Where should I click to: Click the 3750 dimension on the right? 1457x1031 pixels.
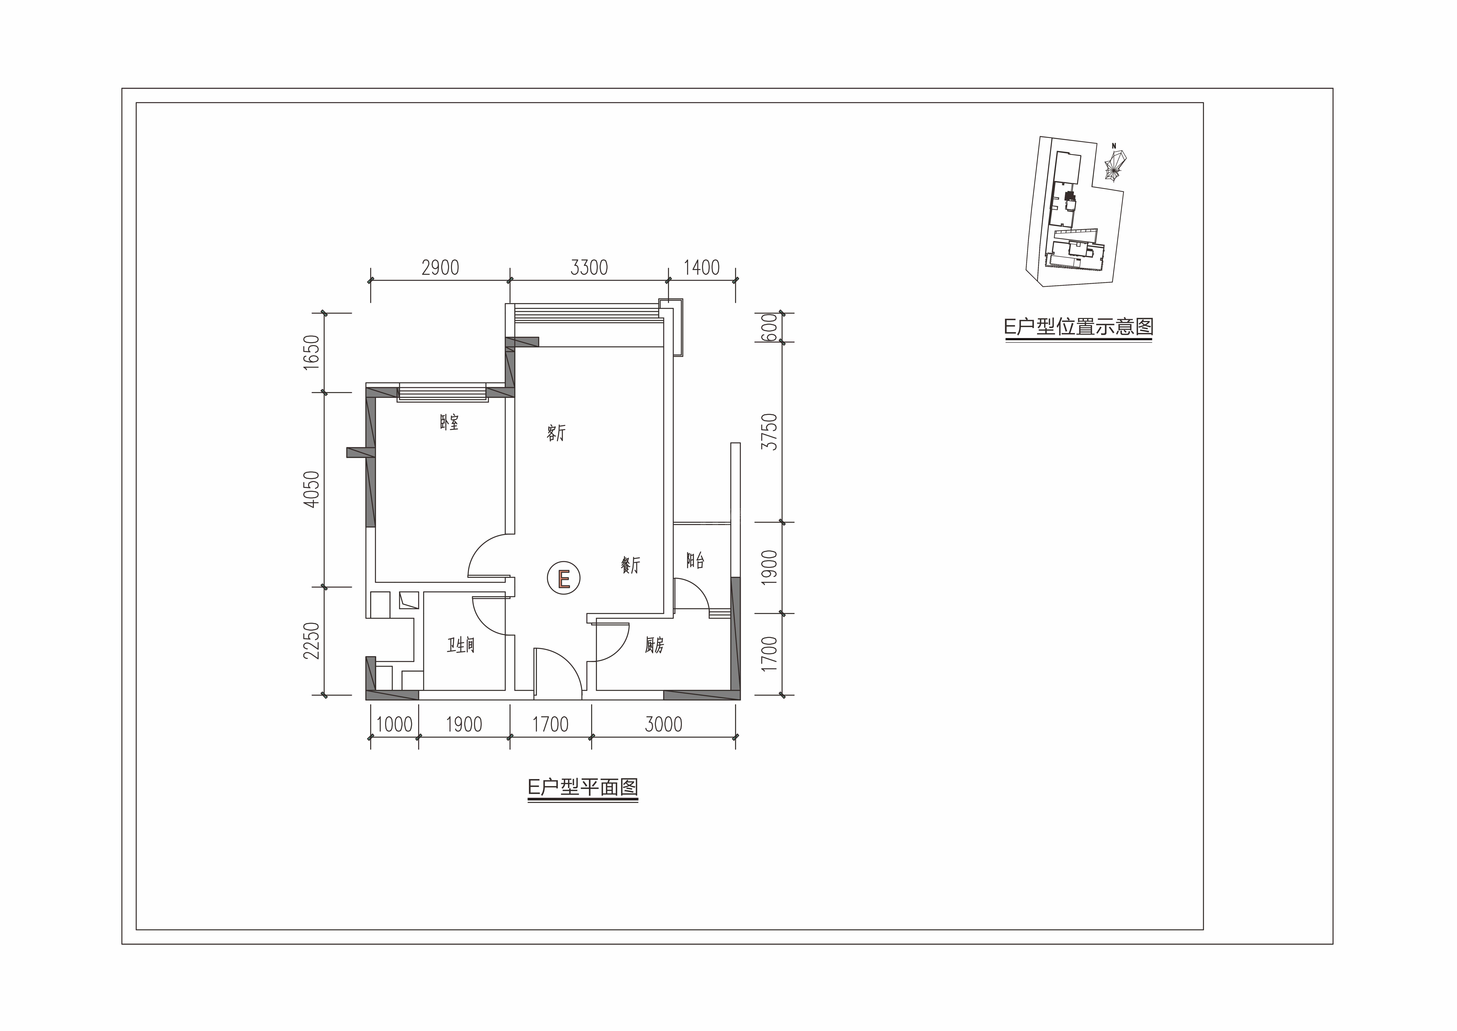click(x=769, y=432)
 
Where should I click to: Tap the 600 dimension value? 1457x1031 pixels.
click(x=769, y=328)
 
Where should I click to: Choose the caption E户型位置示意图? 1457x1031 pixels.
click(x=1079, y=327)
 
